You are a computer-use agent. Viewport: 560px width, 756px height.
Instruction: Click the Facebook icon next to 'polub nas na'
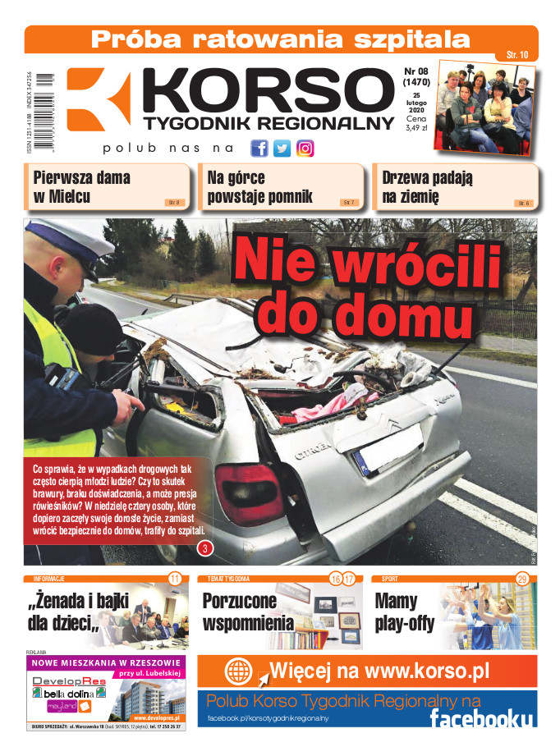[259, 149]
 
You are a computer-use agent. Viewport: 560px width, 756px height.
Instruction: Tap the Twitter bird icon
[282, 149]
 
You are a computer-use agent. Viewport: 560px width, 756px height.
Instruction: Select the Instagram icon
[305, 149]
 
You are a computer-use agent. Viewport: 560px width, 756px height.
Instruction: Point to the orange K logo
[98, 99]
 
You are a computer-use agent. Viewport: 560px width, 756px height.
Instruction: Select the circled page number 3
[204, 548]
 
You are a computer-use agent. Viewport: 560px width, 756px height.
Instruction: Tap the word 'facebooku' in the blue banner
[480, 718]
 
